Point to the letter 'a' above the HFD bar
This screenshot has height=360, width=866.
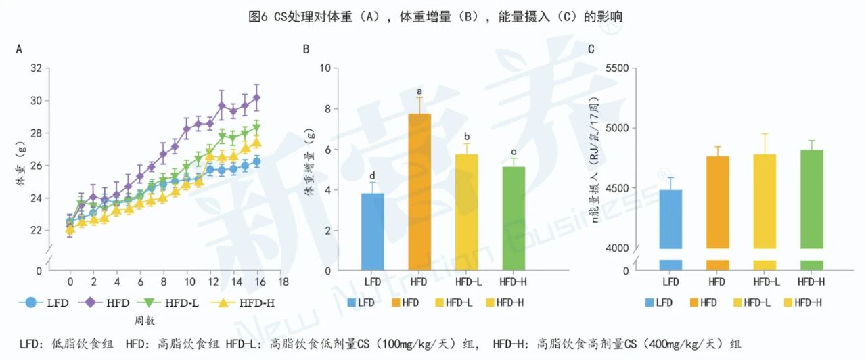click(419, 92)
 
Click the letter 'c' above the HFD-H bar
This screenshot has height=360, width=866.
click(513, 152)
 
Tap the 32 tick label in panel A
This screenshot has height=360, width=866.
click(37, 68)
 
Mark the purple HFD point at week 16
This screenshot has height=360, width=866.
click(256, 97)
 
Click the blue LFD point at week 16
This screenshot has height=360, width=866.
click(256, 162)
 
